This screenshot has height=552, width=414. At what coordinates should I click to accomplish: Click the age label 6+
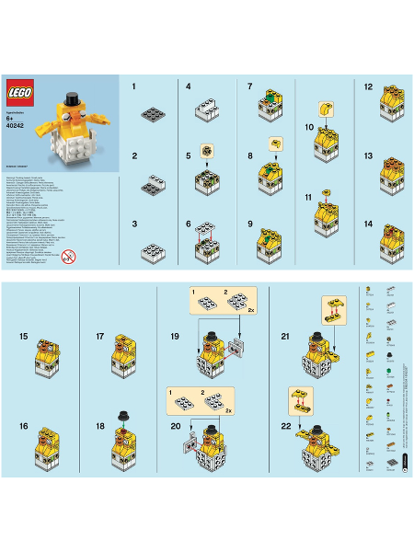11,121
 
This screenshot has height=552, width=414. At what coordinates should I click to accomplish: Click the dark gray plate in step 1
152,114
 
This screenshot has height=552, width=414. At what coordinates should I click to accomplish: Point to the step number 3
134,224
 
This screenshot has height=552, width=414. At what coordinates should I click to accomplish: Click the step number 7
250,86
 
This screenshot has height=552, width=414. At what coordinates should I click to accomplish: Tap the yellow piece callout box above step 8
275,143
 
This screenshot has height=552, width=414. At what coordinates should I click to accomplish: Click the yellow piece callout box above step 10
324,108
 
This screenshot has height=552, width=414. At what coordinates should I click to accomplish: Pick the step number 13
368,156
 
